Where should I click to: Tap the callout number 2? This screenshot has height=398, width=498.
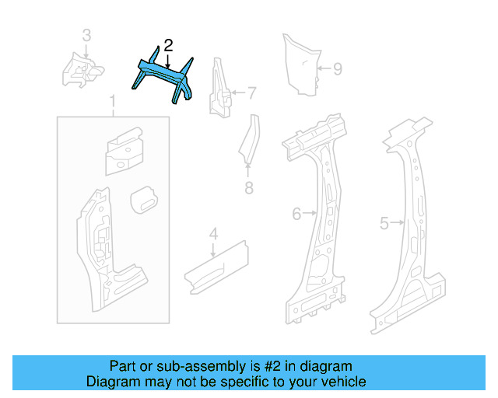click(168, 46)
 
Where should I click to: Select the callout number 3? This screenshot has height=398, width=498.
click(86, 35)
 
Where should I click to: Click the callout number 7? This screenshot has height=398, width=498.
click(251, 94)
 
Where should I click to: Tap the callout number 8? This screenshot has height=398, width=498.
click(249, 188)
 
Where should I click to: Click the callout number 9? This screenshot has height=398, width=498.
click(338, 69)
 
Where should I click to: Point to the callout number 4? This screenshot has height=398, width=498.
click(213, 232)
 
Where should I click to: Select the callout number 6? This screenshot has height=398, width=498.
click(296, 213)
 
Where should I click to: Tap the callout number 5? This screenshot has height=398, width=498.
click(384, 224)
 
